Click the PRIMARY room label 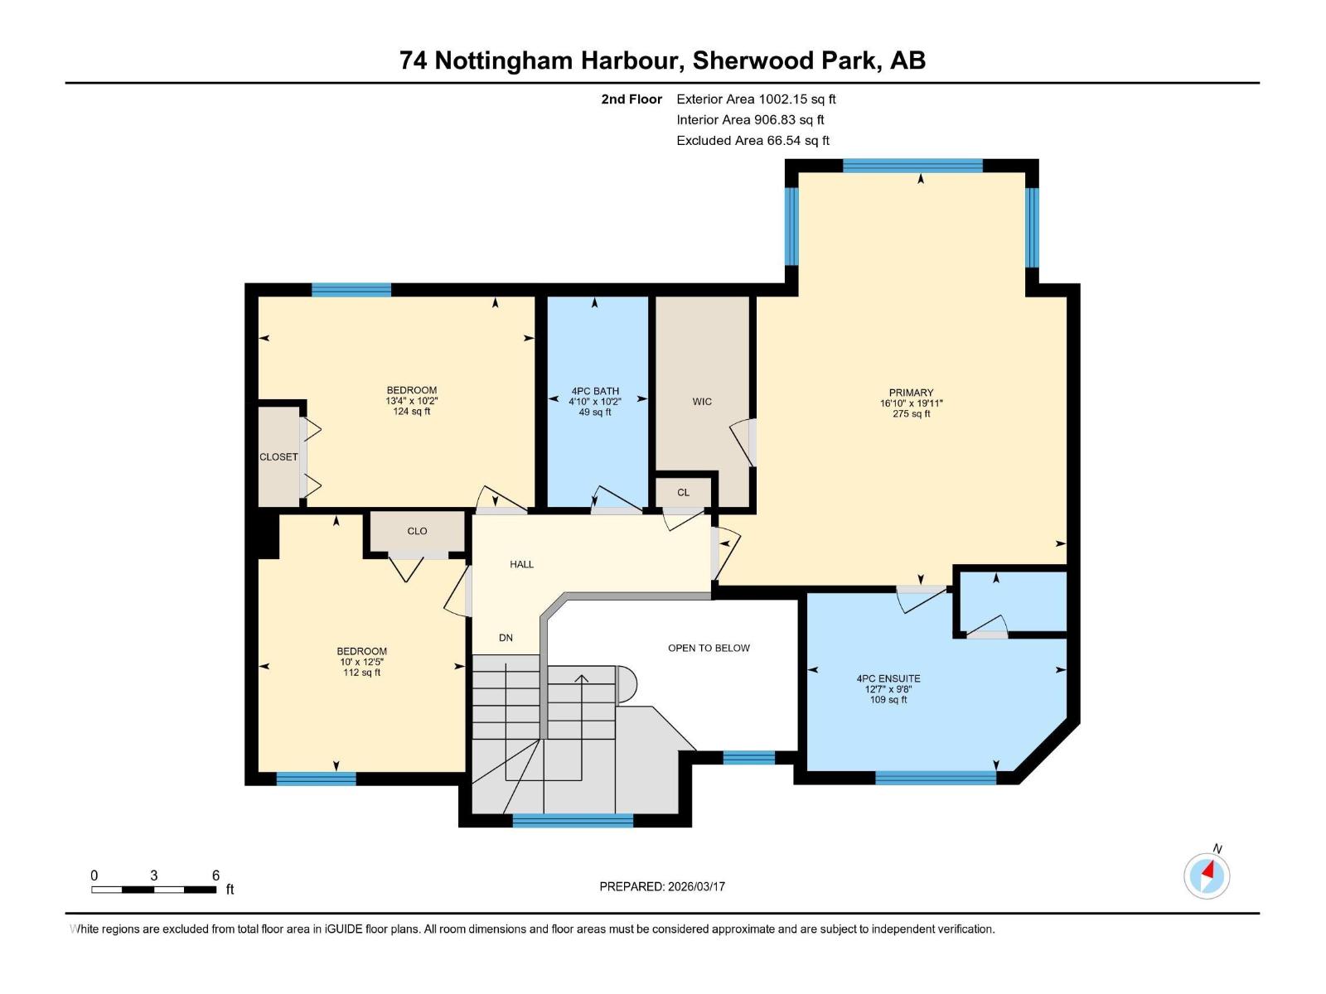click(911, 393)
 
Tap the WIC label click(702, 402)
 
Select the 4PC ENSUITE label click(888, 678)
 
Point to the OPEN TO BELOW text click(709, 648)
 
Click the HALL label click(521, 564)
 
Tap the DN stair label click(506, 638)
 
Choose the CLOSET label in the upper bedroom click(278, 457)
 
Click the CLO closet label click(417, 531)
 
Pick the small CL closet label click(683, 492)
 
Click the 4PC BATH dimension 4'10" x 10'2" click(594, 401)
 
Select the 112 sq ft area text click(361, 673)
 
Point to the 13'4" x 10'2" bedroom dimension click(411, 401)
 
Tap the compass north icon click(1207, 876)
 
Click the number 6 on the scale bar click(215, 876)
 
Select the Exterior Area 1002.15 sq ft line click(756, 99)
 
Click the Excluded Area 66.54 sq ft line click(753, 140)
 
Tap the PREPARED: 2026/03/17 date click(662, 886)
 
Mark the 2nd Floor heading click(632, 99)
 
